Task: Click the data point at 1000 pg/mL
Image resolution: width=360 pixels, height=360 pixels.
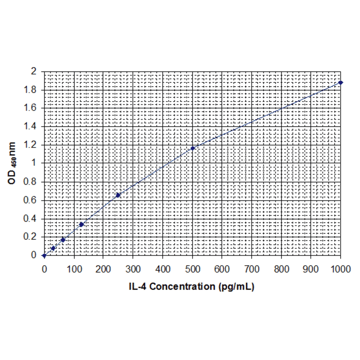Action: coord(341,82)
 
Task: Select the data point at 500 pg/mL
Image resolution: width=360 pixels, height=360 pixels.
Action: coord(193,148)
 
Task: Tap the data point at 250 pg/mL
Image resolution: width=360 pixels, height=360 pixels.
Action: coord(118,195)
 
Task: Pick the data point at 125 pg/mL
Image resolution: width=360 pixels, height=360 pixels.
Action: coord(82,224)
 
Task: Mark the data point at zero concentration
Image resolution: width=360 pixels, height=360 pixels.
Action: coord(44,256)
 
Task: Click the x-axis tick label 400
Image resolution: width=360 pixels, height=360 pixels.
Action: coord(163,269)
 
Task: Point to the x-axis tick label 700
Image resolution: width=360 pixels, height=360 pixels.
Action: coord(252,269)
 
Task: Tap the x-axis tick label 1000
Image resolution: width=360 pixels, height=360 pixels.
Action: coord(340,269)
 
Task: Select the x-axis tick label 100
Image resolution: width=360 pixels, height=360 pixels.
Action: coord(74,269)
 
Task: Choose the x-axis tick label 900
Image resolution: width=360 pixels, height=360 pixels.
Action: coord(311,269)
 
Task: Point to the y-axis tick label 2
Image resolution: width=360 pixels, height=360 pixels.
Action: coord(33,71)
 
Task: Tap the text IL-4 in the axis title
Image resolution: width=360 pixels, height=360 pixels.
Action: coord(138,286)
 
